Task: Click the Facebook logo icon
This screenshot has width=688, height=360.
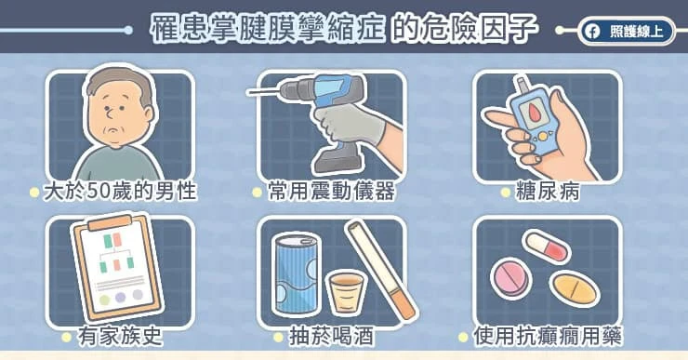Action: [x=592, y=32]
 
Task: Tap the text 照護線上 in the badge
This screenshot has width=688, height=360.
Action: [x=636, y=32]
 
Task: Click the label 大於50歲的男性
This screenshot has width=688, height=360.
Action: [x=120, y=192]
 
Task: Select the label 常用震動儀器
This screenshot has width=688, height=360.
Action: [x=331, y=192]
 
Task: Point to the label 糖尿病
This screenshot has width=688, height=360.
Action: [x=548, y=192]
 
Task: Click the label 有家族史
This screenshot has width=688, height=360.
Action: [x=120, y=337]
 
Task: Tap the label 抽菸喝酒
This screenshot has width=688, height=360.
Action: [x=332, y=337]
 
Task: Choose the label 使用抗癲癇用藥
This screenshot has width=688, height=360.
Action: [x=548, y=337]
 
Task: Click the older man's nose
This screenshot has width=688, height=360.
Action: [x=111, y=114]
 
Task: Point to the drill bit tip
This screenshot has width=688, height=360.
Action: [x=249, y=92]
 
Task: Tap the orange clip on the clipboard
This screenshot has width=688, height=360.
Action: [x=110, y=223]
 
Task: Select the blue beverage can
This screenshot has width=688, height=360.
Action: [x=296, y=273]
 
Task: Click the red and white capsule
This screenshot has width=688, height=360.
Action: [x=548, y=247]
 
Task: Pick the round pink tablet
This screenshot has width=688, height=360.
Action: [x=510, y=278]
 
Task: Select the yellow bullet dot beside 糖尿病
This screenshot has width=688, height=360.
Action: [x=506, y=192]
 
